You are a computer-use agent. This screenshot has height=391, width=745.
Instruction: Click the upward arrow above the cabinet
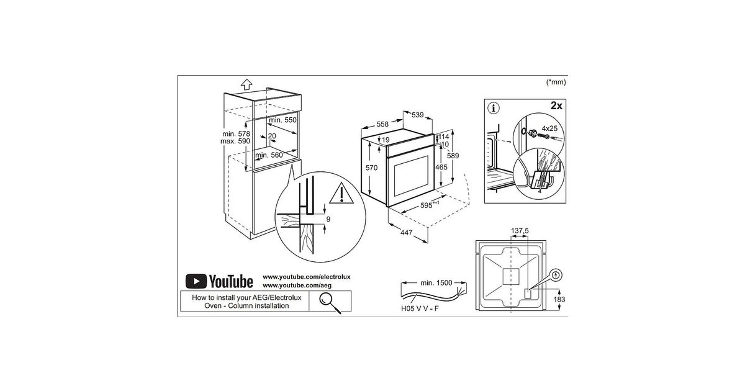tap(246, 84)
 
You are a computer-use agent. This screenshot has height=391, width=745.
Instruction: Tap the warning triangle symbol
tap(341, 194)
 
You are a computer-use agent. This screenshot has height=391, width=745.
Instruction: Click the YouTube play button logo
tap(196, 281)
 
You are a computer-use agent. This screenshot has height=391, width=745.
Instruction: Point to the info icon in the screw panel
tap(494, 108)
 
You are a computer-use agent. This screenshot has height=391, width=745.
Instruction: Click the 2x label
tap(556, 106)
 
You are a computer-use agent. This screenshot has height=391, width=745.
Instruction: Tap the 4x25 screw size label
tap(549, 128)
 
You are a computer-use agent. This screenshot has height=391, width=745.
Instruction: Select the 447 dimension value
tap(406, 233)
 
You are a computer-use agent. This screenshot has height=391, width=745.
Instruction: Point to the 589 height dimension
tap(453, 156)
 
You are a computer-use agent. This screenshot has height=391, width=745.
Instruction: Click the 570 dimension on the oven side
tap(371, 168)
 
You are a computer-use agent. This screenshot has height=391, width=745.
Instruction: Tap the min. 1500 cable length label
tap(436, 283)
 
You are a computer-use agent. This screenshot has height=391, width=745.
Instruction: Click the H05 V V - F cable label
tap(420, 308)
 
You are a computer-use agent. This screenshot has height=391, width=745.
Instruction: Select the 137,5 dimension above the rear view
tap(520, 230)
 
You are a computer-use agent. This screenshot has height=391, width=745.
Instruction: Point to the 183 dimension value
tap(559, 299)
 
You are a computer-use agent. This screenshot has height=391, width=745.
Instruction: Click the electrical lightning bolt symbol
tap(556, 276)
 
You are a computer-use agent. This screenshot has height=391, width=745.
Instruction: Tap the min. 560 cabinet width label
tap(269, 155)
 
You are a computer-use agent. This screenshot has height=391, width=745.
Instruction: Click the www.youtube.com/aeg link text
tap(297, 285)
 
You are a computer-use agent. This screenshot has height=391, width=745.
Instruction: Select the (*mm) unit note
tap(556, 82)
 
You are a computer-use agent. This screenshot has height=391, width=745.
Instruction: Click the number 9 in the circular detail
tap(328, 219)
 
